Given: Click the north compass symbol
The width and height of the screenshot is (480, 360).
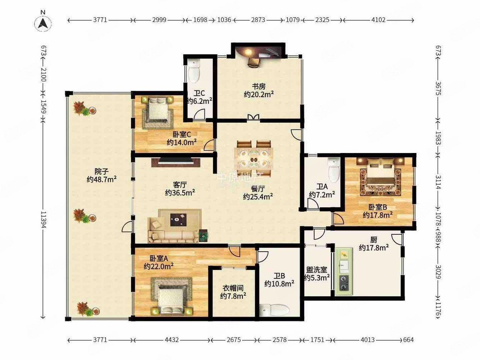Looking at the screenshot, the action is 43,23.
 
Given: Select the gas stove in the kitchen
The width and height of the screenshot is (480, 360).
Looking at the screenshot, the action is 344,283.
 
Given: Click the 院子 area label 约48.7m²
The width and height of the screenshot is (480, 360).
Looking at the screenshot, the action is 102,179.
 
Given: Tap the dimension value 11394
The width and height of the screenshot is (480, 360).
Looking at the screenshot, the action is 44,220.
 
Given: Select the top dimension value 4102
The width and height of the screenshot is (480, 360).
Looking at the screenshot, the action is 378,20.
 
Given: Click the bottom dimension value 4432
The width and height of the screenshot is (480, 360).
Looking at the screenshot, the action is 172,340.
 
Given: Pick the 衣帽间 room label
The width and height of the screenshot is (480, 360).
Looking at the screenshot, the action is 233,288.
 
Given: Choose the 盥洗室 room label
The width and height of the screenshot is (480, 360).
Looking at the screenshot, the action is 317,270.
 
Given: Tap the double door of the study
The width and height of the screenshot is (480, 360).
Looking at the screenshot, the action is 254,117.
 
